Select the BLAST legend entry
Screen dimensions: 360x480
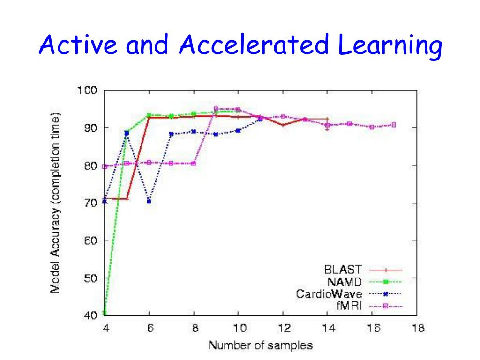coord(343,270)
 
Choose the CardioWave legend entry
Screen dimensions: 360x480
coord(329,294)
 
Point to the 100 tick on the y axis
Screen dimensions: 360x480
coord(87,90)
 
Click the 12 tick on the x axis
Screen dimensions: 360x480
coord(283,328)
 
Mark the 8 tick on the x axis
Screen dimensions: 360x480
coord(194,328)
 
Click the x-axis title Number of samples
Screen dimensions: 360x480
coord(260,346)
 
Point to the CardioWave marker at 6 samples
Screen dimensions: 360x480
coord(149,201)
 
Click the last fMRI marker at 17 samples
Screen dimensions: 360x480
coord(394,125)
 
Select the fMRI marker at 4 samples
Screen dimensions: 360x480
coord(105,166)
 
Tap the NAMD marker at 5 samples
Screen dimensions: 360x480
coord(127,133)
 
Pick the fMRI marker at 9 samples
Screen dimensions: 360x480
coord(216,109)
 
